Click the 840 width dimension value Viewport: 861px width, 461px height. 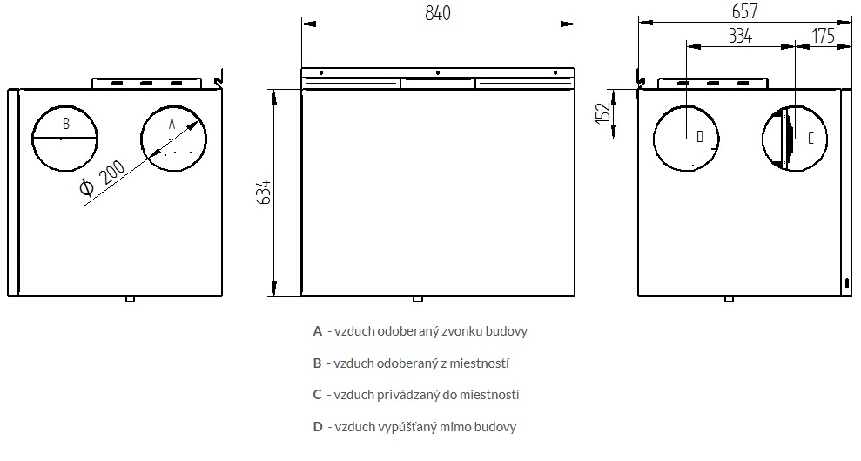tap(438, 13)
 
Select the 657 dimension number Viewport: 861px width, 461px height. tap(744, 11)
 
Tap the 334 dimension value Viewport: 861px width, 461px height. tap(740, 36)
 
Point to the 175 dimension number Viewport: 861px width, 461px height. tap(823, 36)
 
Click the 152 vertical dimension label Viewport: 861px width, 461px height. tap(603, 113)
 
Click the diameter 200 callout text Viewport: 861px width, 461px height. tap(102, 180)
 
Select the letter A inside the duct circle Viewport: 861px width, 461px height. tap(172, 124)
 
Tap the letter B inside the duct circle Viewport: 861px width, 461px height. tap(66, 124)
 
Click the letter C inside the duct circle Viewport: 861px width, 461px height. tap(811, 139)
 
